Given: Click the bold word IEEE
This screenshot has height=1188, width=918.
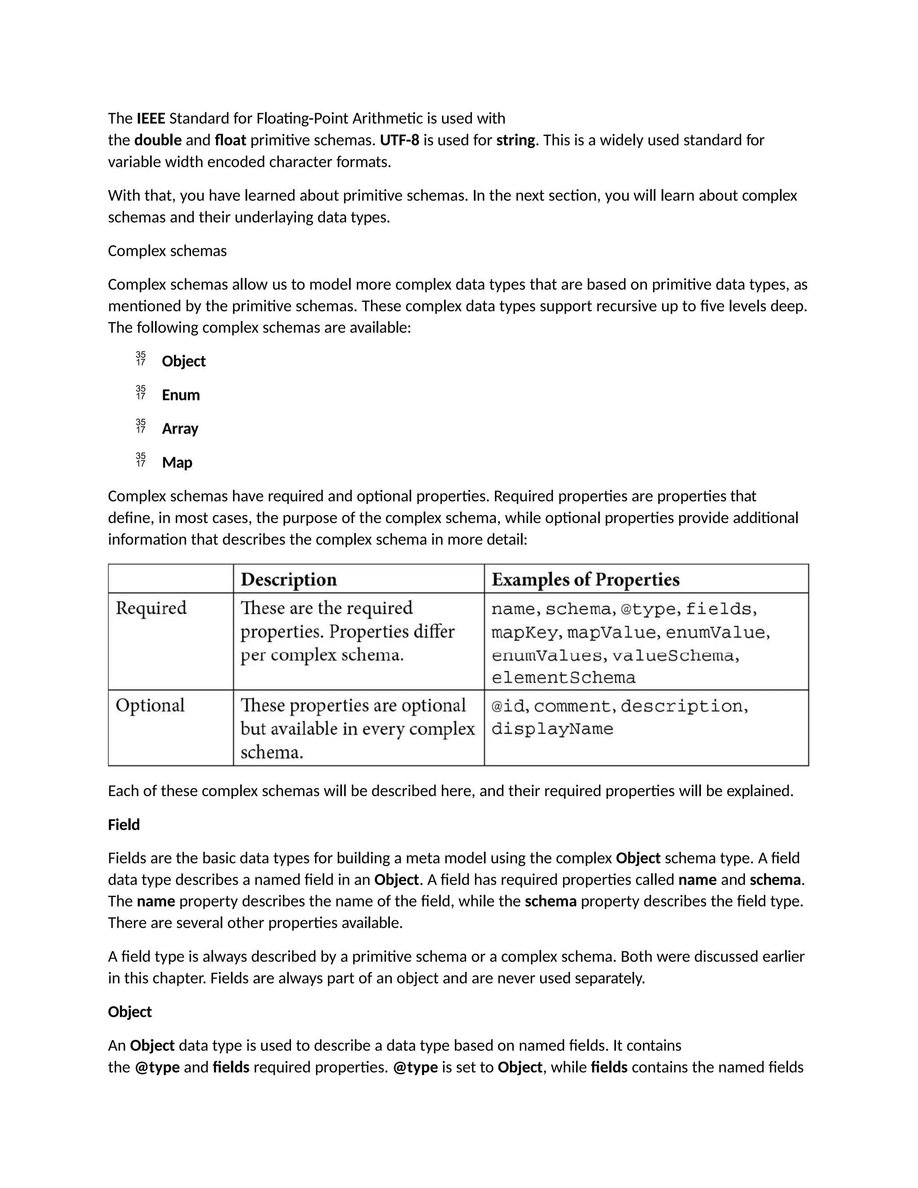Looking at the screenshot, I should point(151,119).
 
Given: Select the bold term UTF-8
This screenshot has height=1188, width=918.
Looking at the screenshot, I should point(399,140).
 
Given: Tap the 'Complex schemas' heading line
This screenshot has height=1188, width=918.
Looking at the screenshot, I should point(167,251).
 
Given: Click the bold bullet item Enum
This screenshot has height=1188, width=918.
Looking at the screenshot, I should point(181,395).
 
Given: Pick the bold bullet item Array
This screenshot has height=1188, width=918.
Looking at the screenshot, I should point(180,429).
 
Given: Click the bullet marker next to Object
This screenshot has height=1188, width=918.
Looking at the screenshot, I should point(141,359).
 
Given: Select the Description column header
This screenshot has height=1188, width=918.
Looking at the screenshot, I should point(289,580).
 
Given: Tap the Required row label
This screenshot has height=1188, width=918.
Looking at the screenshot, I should point(151,608).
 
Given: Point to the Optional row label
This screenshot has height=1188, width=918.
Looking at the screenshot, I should point(150,706).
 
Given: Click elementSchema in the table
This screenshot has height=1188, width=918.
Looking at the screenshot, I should point(563,678).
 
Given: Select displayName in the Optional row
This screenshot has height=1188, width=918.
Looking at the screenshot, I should point(552,729).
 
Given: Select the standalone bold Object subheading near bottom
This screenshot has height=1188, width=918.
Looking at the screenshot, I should point(130,1012).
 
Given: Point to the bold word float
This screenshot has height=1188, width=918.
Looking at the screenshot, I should point(230,140).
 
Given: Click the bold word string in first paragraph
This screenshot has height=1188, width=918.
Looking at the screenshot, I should point(515,140).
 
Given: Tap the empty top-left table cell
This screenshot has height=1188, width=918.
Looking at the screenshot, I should point(171,579).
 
